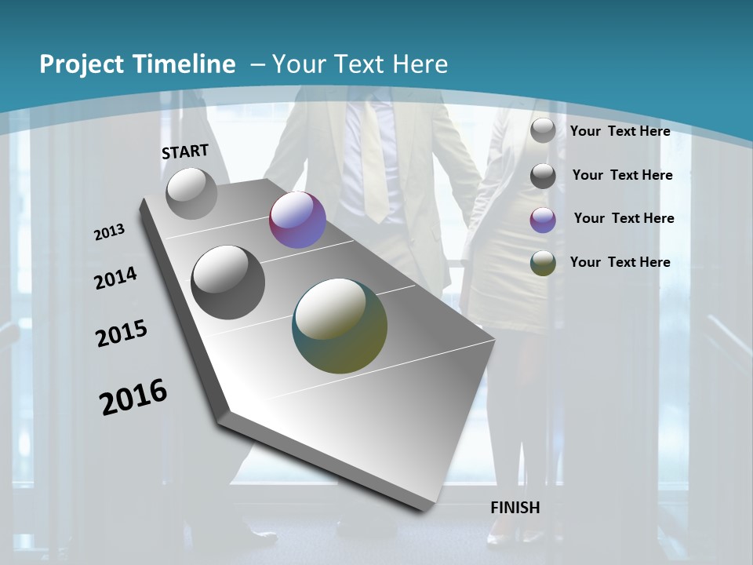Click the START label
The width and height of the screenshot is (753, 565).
point(185,151)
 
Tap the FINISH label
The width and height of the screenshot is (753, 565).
point(515,508)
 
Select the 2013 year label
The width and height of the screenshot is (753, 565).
point(110,232)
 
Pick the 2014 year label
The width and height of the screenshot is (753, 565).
point(116,279)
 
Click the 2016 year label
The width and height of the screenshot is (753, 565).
point(133,397)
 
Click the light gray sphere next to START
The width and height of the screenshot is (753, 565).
point(191,193)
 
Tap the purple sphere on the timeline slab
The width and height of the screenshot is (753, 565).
point(297,220)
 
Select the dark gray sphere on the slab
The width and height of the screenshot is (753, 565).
point(227,282)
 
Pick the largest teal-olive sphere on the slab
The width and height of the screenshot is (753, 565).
point(340,326)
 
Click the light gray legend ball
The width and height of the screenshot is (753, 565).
point(543,130)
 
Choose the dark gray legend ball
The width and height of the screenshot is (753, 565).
point(543,176)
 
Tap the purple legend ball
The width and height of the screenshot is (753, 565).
point(543,220)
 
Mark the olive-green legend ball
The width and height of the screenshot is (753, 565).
point(543,263)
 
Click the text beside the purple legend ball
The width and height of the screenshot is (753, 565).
point(624,218)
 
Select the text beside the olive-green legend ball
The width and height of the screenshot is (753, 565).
point(620,262)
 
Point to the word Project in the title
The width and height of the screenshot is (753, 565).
point(82,64)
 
